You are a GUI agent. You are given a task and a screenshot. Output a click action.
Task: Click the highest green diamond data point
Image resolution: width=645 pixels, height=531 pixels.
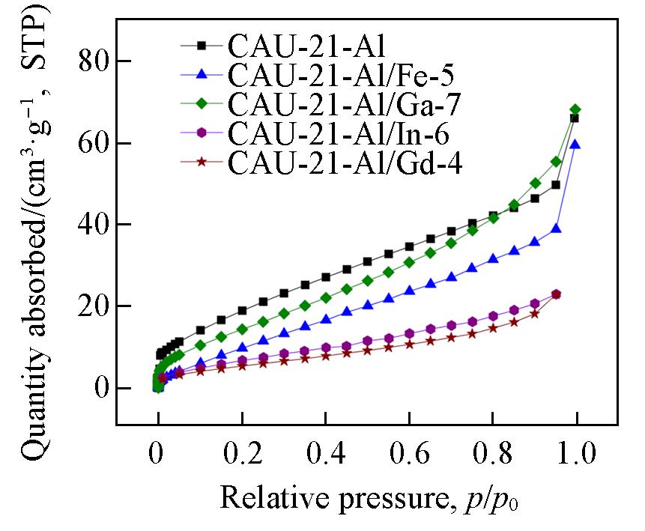[575, 109]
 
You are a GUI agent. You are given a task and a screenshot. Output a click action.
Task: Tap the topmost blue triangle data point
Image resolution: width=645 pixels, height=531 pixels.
[575, 144]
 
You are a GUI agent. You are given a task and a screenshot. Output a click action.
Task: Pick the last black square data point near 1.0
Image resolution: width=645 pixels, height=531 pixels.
[574, 118]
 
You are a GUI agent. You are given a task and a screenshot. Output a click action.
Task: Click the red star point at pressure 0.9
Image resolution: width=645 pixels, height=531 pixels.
[534, 314]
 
